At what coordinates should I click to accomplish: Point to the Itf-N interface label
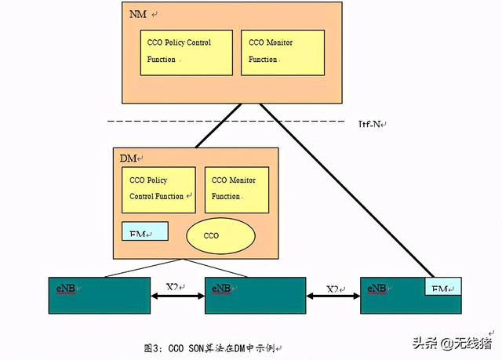[x=373, y=123]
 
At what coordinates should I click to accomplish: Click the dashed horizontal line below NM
[x=157, y=122]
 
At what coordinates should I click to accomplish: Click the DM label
[x=129, y=158]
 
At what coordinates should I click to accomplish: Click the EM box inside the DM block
[x=145, y=231]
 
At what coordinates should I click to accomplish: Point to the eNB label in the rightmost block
[x=377, y=289]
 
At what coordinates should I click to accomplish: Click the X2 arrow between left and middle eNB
[x=177, y=297]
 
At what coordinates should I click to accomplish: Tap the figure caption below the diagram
[x=212, y=347]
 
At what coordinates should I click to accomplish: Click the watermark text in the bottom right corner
[x=455, y=343]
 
